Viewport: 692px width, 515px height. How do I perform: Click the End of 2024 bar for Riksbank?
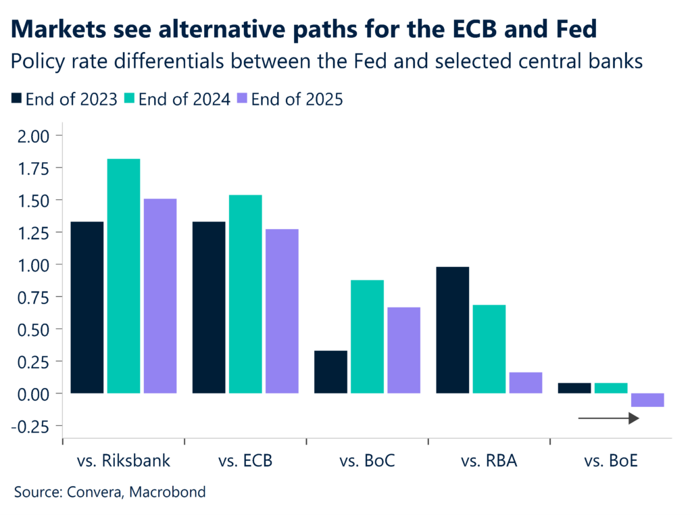[124, 276]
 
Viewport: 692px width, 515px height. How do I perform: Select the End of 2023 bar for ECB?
[209, 308]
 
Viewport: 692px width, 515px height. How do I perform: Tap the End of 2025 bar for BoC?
[403, 350]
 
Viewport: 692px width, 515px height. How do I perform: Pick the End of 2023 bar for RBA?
[453, 330]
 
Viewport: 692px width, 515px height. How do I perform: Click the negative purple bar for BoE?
[647, 400]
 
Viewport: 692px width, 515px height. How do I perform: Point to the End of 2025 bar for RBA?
[526, 383]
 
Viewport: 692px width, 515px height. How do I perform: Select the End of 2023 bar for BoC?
[331, 372]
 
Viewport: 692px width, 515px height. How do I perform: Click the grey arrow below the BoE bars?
[608, 419]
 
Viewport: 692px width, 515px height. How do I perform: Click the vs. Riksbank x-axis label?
[123, 462]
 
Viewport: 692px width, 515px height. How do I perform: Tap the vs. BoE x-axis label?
[611, 462]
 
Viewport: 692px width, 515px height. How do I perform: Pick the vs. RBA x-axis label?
[489, 462]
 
